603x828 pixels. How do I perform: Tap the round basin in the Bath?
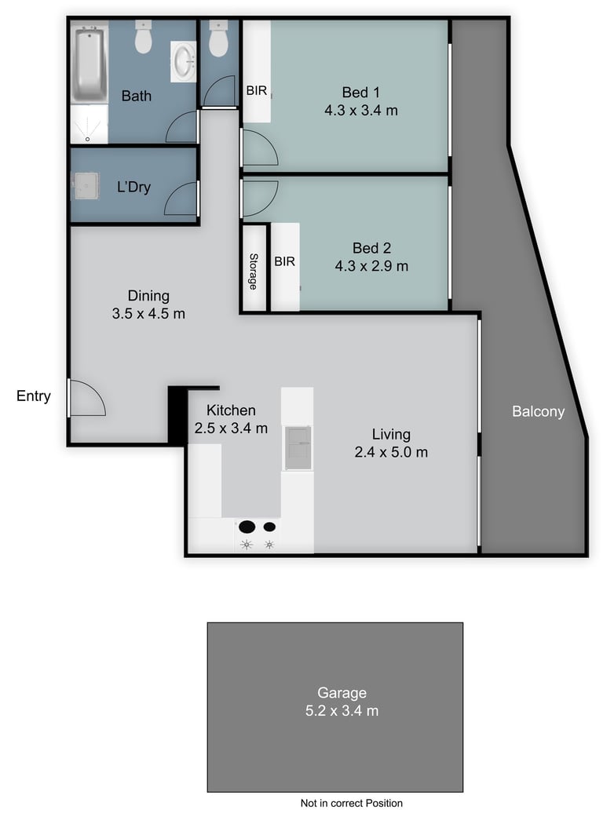click(184, 62)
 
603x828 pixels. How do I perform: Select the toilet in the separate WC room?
click(218, 38)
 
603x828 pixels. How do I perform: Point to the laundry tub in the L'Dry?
click(86, 186)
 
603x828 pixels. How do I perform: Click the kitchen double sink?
click(298, 448)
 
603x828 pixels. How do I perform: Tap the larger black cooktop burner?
click(247, 527)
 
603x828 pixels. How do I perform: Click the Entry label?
click(33, 396)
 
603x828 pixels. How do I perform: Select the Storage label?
click(253, 272)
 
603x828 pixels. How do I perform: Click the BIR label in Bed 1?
click(257, 91)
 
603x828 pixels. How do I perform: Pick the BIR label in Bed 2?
click(284, 261)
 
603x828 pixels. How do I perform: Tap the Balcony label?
click(538, 411)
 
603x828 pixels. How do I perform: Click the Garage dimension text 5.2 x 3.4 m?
click(342, 711)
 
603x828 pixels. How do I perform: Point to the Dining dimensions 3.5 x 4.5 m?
click(148, 314)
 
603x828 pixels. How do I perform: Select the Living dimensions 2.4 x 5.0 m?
click(391, 452)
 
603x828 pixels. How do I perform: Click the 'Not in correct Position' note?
click(352, 803)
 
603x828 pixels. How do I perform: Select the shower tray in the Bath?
click(89, 124)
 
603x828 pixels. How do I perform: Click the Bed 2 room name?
click(371, 248)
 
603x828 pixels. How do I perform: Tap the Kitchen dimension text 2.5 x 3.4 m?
click(231, 429)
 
